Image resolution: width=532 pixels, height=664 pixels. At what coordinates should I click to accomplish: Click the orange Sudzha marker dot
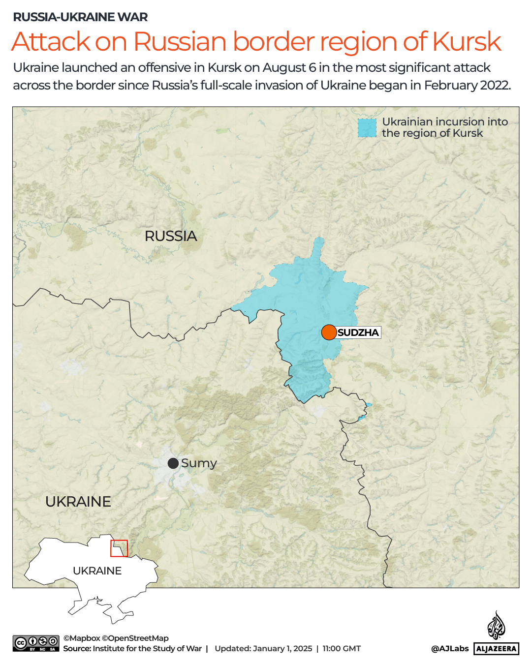329,332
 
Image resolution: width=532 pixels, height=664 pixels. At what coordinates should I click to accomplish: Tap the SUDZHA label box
358,332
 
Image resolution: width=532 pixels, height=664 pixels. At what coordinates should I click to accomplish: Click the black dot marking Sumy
173,463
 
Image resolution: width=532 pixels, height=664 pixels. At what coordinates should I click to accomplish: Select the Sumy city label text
199,463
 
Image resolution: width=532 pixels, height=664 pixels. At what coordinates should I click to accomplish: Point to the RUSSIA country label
171,236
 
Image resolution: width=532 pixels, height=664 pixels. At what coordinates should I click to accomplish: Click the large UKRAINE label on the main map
78,502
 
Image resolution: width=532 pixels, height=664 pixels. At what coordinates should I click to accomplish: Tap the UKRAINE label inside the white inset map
97,571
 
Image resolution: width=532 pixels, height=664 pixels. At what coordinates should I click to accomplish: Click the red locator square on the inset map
119,548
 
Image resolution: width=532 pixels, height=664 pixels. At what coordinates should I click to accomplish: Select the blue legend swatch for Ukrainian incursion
367,128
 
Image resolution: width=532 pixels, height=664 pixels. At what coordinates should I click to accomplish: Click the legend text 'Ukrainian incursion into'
445,122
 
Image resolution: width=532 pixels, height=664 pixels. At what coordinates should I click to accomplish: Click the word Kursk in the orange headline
467,41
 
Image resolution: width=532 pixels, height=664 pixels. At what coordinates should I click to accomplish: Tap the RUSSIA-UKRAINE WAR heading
80,17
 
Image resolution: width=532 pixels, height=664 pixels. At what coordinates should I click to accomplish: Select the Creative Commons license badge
36,643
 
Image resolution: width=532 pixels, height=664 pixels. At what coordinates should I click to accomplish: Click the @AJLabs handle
450,649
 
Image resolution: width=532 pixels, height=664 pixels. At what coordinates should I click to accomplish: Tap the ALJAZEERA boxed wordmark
497,649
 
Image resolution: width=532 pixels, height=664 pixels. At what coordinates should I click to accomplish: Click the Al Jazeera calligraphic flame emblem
496,625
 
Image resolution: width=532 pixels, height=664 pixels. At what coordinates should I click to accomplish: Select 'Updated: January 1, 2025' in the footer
263,649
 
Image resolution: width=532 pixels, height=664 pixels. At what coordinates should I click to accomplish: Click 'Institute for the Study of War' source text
147,649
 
